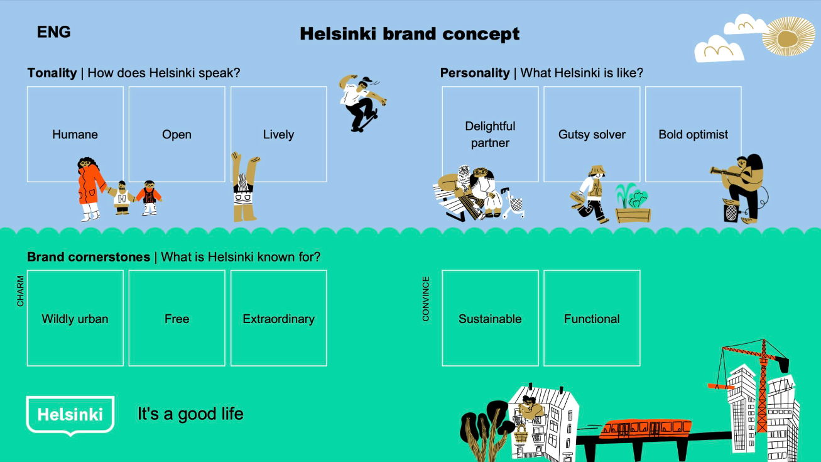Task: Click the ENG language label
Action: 53,32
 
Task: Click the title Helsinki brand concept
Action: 410,34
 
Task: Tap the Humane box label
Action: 75,135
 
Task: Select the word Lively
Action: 278,135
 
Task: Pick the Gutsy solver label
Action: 592,135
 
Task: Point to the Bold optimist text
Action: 693,135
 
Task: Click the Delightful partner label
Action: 490,135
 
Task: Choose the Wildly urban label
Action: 75,319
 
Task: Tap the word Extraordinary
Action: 278,319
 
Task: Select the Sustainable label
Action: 490,319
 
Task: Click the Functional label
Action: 592,319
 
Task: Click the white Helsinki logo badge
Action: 70,415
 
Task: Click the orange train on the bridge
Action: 644,429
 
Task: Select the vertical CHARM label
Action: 21,291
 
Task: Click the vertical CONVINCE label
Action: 426,299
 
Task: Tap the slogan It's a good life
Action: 190,414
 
